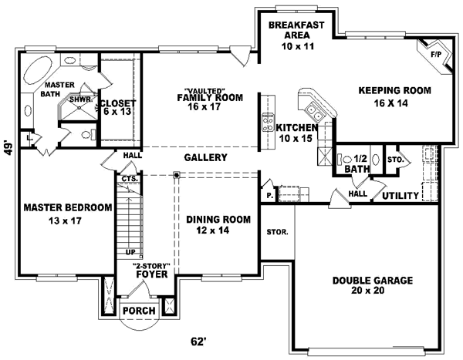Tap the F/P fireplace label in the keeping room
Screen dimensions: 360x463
click(x=435, y=55)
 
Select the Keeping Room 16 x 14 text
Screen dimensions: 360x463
click(x=394, y=96)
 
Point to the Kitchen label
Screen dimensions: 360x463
click(x=297, y=133)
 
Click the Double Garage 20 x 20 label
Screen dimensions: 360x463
click(x=373, y=286)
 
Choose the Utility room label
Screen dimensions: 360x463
click(x=400, y=196)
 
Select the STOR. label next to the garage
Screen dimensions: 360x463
click(x=277, y=230)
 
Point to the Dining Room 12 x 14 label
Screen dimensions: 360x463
click(x=218, y=224)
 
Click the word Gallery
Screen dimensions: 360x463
click(x=204, y=157)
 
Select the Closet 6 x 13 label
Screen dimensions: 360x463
click(x=117, y=108)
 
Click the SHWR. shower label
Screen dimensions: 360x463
click(x=81, y=99)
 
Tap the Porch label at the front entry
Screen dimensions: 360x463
click(x=140, y=311)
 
